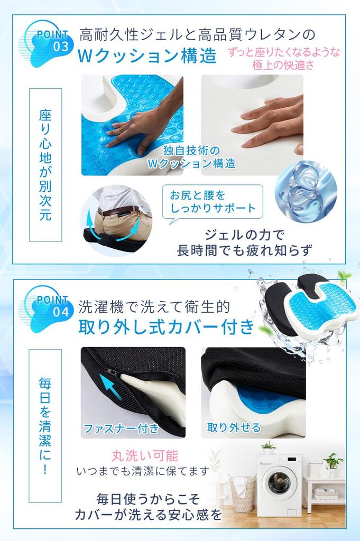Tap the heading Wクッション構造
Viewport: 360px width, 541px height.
[147, 56]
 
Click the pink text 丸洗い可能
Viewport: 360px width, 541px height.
[144, 455]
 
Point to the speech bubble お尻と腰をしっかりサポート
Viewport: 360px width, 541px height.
[213, 201]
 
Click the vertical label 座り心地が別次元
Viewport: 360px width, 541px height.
[45, 165]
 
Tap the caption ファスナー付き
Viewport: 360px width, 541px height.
[121, 427]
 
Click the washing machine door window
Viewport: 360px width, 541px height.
[278, 483]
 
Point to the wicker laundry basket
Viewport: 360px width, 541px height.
[242, 494]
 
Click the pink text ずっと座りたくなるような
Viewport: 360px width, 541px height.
[284, 52]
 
